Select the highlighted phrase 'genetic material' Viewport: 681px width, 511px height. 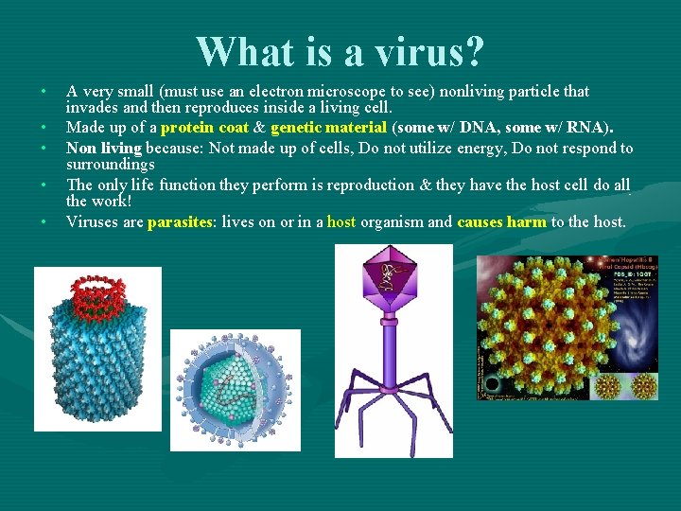328,128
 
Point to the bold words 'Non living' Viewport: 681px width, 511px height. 103,148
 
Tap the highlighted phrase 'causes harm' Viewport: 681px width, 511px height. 501,222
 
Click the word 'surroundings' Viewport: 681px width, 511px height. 110,165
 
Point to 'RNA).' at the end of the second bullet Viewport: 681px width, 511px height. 590,128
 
